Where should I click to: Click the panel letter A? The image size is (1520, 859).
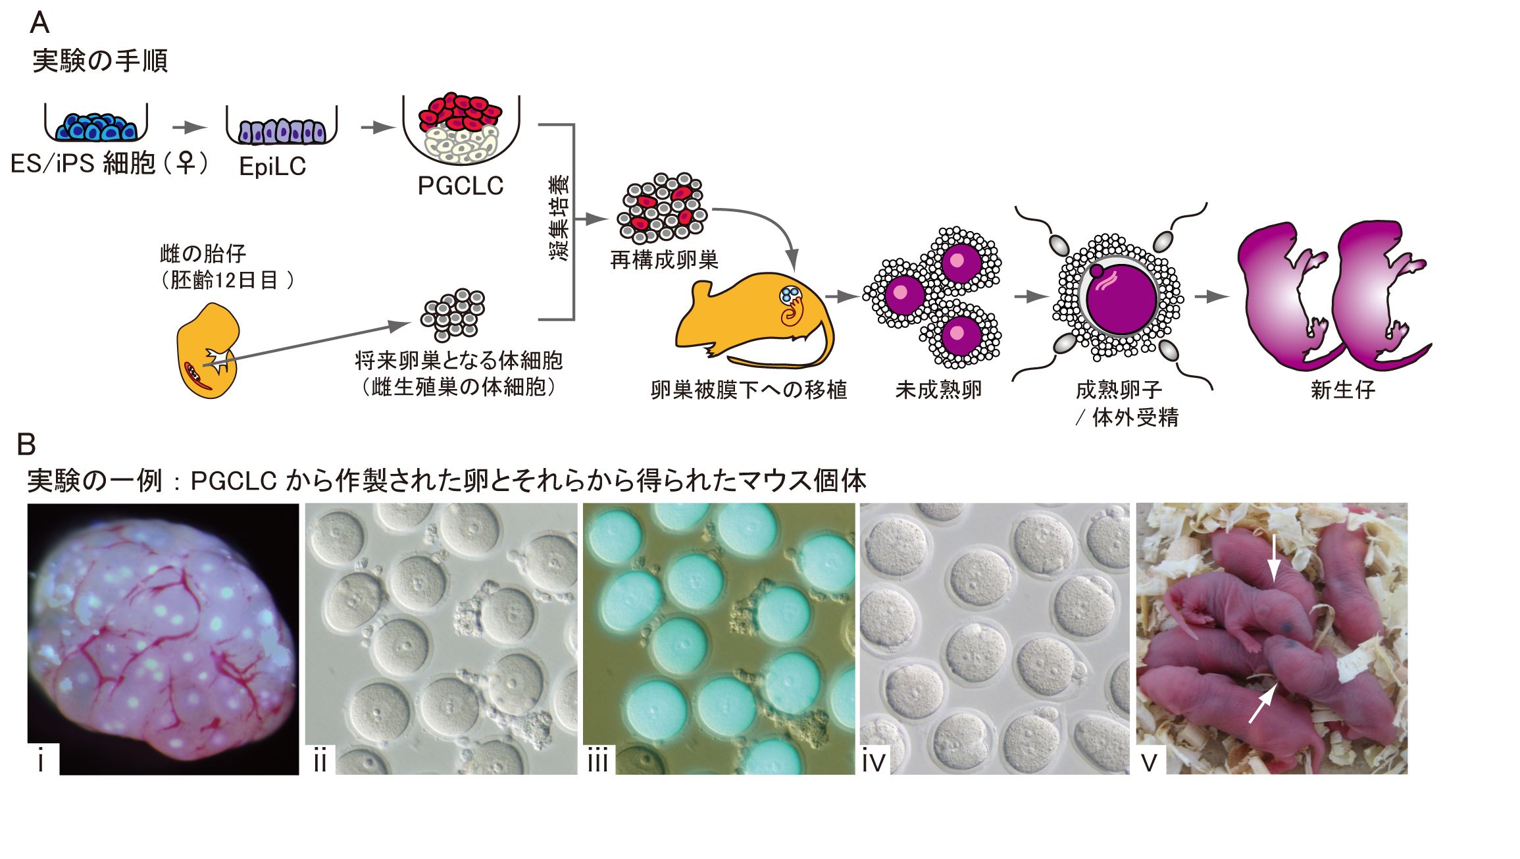click(x=39, y=24)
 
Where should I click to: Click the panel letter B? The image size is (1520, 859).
click(x=26, y=445)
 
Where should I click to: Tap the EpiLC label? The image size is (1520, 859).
click(x=272, y=167)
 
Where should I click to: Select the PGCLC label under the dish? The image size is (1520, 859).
click(x=461, y=186)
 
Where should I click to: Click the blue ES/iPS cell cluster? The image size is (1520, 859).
click(x=96, y=126)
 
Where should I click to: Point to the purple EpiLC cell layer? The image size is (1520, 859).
click(x=282, y=131)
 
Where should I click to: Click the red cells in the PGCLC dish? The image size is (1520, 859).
click(x=461, y=112)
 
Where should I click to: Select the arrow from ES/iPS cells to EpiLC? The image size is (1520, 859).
click(x=189, y=128)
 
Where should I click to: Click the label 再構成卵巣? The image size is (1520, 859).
click(x=664, y=261)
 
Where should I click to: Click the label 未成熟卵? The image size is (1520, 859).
click(x=938, y=390)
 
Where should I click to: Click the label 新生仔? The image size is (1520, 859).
click(x=1342, y=390)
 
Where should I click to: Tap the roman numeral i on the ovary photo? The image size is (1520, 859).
click(x=41, y=762)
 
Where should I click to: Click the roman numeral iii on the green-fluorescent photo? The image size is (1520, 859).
click(x=597, y=762)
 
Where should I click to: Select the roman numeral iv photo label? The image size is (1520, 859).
click(x=874, y=762)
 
